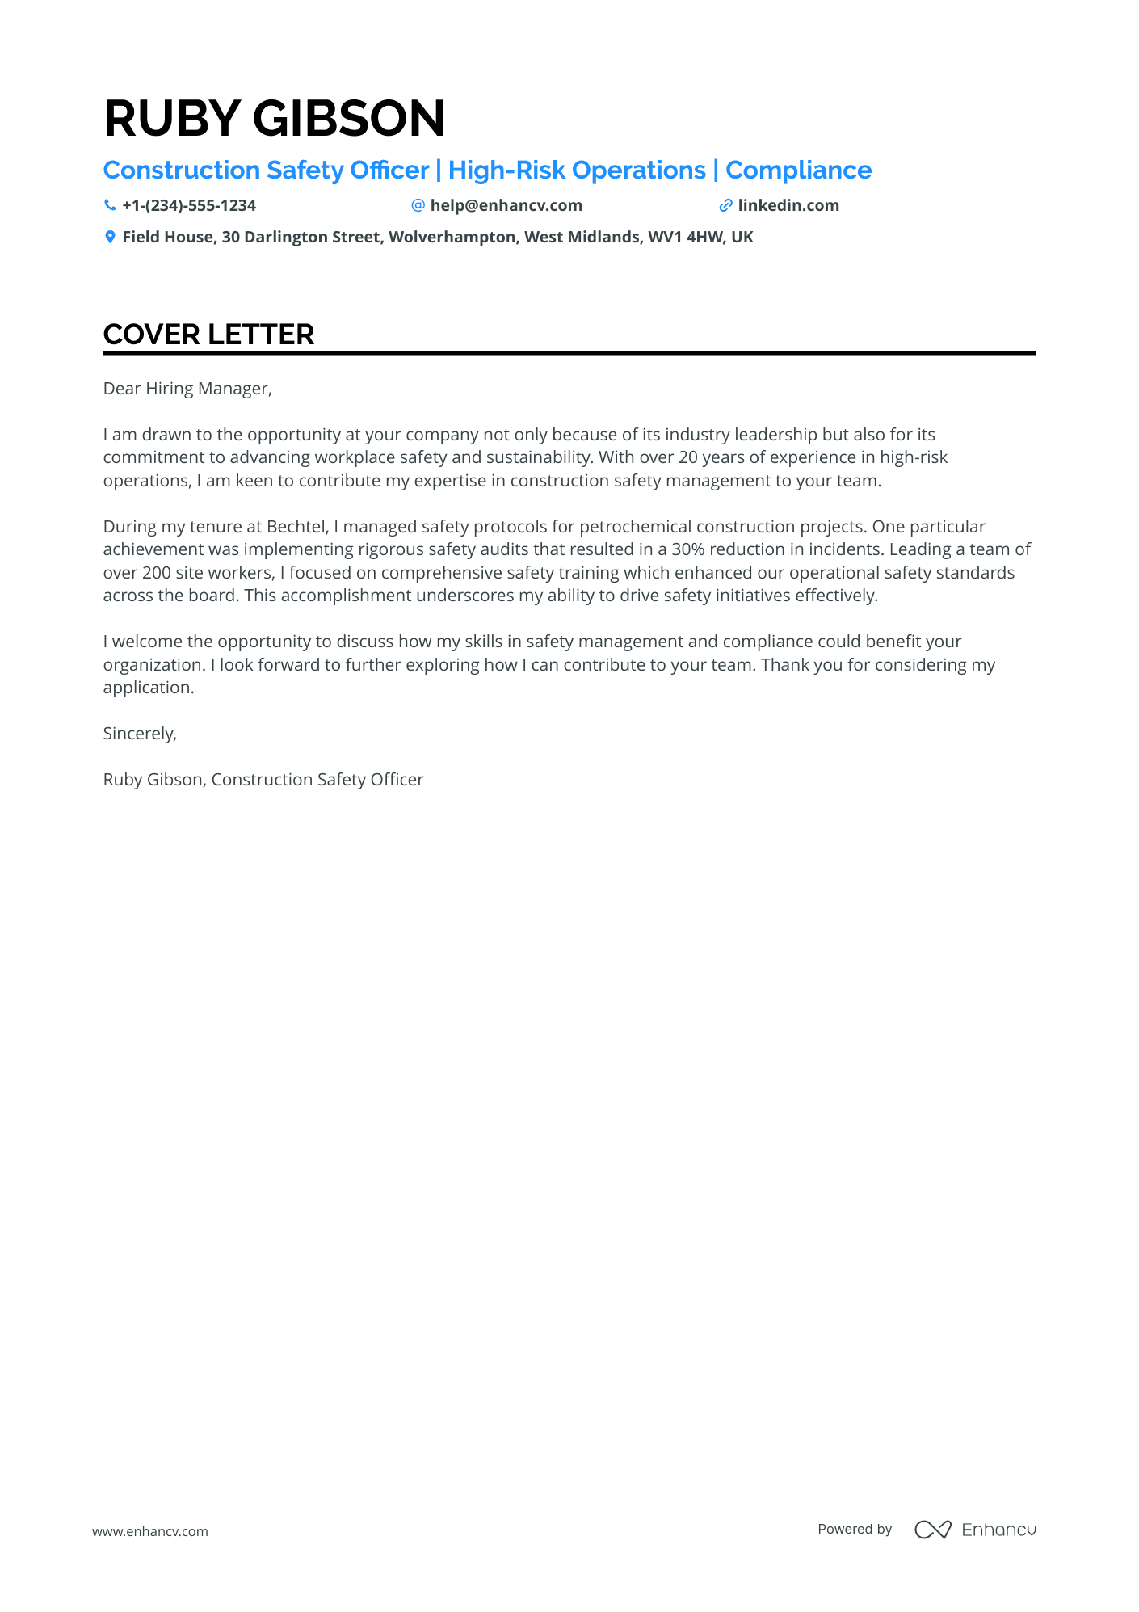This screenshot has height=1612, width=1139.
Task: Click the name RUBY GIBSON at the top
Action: [274, 118]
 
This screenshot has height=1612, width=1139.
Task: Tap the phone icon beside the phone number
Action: [110, 205]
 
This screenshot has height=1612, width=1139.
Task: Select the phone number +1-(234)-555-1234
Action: [189, 205]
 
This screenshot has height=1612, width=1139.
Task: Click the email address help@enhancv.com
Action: [506, 205]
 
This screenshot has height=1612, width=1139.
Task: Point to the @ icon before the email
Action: [418, 205]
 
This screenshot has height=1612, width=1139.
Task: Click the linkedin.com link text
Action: [788, 205]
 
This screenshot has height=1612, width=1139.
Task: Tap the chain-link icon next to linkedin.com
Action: [725, 206]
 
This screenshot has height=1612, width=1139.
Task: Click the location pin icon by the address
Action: [110, 237]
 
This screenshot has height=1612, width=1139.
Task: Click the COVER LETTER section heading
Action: [208, 335]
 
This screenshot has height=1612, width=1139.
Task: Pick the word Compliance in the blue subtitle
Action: [798, 170]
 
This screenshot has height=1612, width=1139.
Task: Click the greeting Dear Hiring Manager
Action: [187, 389]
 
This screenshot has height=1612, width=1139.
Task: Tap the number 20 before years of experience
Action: [687, 457]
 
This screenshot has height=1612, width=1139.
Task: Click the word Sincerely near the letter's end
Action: [139, 734]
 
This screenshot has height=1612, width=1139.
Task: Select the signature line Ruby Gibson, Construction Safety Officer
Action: [263, 780]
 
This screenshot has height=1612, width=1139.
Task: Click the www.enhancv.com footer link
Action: [150, 1531]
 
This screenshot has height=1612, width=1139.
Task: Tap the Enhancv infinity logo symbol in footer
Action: [932, 1530]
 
